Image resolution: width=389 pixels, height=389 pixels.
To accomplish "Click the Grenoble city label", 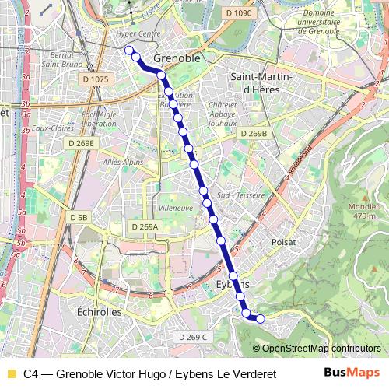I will click(177, 58).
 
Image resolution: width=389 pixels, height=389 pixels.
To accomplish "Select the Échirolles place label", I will click(100, 311).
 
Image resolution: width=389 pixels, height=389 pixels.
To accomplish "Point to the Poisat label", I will click(284, 243).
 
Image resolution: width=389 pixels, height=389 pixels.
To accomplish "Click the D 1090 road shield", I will click(240, 14).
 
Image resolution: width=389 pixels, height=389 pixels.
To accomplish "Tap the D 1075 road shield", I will click(94, 79).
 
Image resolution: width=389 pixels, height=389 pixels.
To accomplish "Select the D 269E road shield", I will click(80, 143).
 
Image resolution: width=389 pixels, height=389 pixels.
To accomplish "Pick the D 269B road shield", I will click(254, 134).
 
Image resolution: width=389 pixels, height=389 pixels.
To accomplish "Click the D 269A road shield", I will click(144, 226).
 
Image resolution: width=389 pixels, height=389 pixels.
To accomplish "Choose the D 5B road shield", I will click(79, 218).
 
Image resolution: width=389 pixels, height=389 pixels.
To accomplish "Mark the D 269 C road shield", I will click(193, 337).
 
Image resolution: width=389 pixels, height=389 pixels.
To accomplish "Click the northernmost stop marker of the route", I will click(128, 51).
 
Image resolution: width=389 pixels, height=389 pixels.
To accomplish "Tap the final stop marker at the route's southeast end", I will click(260, 318).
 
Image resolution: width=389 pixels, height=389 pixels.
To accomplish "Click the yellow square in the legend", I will click(11, 373).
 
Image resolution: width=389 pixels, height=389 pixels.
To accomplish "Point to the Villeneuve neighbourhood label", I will click(175, 209).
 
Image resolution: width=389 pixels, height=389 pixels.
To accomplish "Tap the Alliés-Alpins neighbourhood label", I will click(123, 162).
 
